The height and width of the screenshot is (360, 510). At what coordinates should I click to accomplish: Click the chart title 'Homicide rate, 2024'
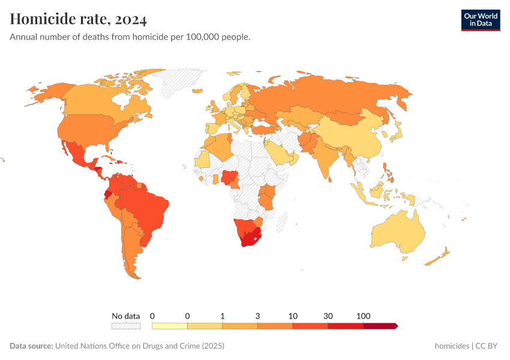(x=79, y=20)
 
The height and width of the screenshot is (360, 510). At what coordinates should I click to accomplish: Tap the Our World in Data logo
(x=480, y=20)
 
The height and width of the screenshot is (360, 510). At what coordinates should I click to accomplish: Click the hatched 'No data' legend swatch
(x=125, y=326)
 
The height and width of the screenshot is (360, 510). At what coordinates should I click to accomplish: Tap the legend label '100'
(x=363, y=316)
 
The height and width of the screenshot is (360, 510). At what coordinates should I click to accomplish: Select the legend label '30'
(x=328, y=316)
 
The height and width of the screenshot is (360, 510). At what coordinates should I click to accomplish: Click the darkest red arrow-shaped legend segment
(x=380, y=326)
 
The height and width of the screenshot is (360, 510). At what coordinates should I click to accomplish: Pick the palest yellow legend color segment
(x=170, y=326)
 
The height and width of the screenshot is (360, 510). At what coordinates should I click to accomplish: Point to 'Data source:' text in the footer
(x=31, y=346)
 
